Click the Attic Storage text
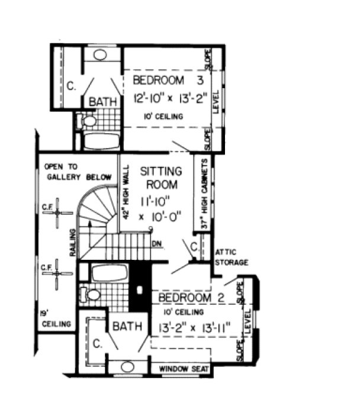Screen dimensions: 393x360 [232, 256]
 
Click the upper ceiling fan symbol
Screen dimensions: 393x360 [57, 214]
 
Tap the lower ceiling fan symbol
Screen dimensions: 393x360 [57, 273]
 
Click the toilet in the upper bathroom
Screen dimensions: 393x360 [89, 122]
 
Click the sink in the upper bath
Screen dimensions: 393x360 [100, 55]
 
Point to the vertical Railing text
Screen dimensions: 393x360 [73, 243]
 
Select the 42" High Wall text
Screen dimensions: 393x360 [126, 196]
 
